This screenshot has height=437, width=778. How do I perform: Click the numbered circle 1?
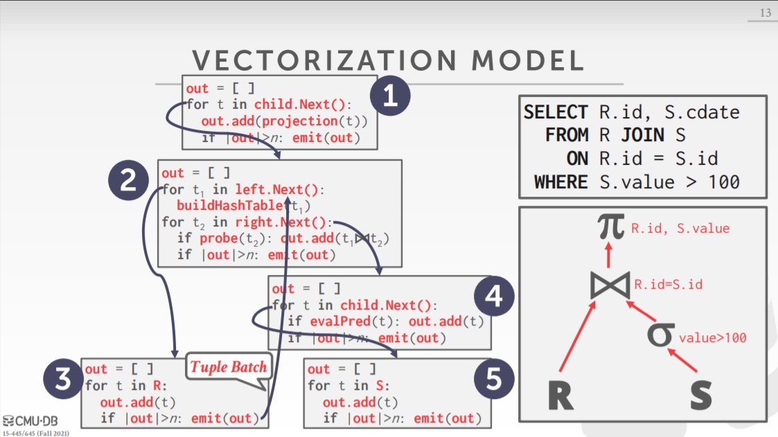[391, 96]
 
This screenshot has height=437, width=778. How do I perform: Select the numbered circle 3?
[63, 382]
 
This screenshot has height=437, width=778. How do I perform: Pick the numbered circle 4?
[494, 296]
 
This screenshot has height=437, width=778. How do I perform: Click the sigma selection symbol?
[660, 333]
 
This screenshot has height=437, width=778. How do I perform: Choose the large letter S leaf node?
[701, 395]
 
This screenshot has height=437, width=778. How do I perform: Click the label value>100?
[713, 338]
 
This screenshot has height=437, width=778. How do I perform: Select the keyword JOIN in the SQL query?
[641, 135]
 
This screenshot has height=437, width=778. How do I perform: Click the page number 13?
[765, 13]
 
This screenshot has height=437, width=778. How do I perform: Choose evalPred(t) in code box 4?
[340, 321]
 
